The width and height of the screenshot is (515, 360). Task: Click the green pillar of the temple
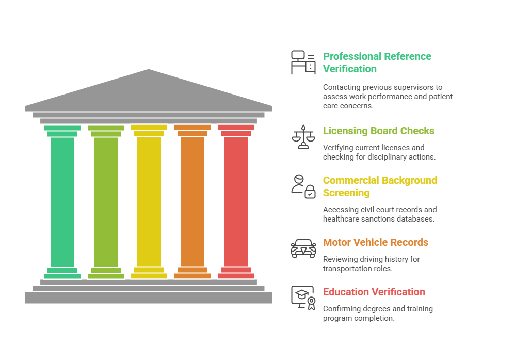click(62, 201)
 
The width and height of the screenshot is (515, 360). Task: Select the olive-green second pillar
click(106, 201)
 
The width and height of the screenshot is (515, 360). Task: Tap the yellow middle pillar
click(149, 201)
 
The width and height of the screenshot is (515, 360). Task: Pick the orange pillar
click(192, 201)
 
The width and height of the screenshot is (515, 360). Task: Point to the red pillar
click(236, 201)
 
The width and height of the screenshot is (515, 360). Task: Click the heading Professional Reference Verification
click(377, 62)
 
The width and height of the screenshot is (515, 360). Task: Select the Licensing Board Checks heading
click(378, 131)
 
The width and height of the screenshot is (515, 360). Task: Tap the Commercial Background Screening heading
click(380, 186)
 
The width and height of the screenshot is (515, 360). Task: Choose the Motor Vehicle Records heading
click(375, 242)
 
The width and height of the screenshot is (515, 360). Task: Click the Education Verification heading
click(374, 292)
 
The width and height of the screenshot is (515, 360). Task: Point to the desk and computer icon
click(303, 62)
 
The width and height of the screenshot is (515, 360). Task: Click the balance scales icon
click(303, 136)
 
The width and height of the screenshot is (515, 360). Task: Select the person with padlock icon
click(303, 186)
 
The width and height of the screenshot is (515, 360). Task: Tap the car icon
click(303, 248)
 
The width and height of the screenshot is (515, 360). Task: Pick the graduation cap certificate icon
click(303, 298)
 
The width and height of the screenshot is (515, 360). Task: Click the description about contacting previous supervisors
click(388, 97)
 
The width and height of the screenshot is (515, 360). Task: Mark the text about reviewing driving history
click(371, 264)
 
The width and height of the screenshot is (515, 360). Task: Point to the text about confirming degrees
click(378, 314)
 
